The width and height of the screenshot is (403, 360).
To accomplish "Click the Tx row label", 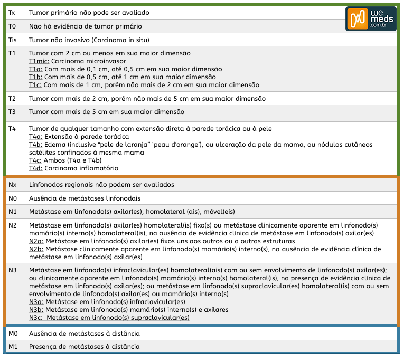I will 12,12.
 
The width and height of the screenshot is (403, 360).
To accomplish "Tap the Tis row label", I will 13,40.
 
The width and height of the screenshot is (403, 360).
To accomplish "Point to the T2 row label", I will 13,99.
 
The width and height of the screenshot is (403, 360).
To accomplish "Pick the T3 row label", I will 13,112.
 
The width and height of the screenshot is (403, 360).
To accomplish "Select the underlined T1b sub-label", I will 35,77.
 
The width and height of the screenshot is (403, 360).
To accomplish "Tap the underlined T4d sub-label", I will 35,168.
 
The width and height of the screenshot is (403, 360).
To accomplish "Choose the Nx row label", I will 13,185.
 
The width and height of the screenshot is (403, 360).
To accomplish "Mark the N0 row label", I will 13,198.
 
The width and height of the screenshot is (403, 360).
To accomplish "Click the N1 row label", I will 13,212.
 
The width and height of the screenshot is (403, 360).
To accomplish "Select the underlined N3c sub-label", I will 36,318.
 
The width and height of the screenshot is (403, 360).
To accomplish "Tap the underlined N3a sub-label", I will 36,302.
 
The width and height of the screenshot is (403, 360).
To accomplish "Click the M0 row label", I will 13,334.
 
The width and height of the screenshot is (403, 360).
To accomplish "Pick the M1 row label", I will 13,346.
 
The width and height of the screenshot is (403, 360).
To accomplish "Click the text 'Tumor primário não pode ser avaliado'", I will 89,12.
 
